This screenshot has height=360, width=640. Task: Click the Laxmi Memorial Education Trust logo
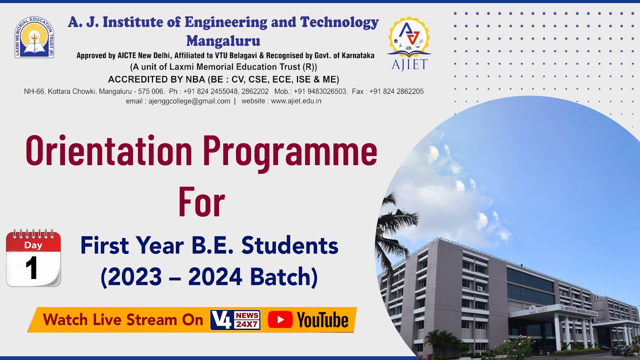[34, 37]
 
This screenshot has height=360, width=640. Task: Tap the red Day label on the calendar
[33, 245]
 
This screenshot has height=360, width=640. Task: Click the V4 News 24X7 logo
[235, 320]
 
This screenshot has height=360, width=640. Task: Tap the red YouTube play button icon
[280, 320]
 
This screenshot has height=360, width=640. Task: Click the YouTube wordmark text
[323, 320]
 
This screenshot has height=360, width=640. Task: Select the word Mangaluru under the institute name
[223, 40]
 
